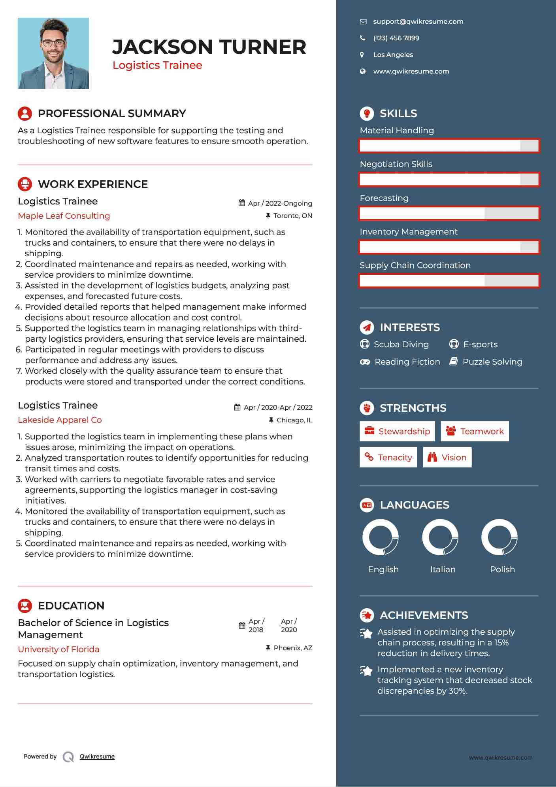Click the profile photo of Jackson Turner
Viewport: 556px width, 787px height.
[x=53, y=53]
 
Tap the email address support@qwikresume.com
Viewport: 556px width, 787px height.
[x=418, y=22]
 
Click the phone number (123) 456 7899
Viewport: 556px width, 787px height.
[x=396, y=38]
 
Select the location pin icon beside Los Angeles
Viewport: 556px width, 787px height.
[x=362, y=55]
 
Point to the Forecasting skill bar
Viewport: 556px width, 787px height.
[x=449, y=214]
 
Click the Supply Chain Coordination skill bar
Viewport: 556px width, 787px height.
[x=449, y=281]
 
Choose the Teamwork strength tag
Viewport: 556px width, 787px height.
[x=475, y=431]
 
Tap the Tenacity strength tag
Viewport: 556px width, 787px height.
[x=388, y=457]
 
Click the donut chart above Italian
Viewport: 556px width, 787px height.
[x=440, y=537]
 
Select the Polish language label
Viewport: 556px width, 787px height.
[x=502, y=569]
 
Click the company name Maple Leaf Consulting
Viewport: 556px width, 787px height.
[x=64, y=216]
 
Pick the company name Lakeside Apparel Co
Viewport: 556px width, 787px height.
[x=60, y=420]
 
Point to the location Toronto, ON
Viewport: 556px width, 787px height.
[x=292, y=216]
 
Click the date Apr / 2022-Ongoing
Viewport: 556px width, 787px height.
[x=280, y=203]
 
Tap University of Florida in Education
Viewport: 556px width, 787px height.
[x=58, y=649]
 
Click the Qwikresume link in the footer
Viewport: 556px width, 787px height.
[x=97, y=757]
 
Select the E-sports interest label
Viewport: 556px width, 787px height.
[x=480, y=344]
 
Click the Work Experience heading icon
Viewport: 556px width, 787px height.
[x=25, y=184]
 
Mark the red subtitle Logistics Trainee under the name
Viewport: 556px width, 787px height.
[x=157, y=65]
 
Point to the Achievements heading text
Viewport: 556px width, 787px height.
[x=424, y=615]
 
